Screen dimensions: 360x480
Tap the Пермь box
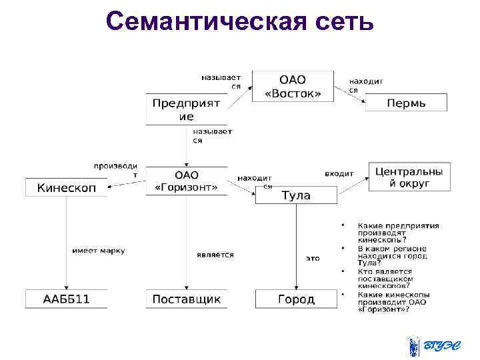point(406,103)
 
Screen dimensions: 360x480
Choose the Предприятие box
point(186,109)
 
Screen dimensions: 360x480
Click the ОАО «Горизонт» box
point(186,181)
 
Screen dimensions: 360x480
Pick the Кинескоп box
point(65,188)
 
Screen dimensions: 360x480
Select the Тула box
point(296,195)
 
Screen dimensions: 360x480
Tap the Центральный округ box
point(409,177)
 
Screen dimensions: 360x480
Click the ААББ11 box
point(65,299)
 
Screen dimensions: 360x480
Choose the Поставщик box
point(186,299)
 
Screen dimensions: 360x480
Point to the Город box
point(296,299)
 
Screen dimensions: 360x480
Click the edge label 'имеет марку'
point(98,251)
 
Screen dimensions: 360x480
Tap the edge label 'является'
point(215,255)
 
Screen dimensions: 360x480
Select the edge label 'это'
point(313,257)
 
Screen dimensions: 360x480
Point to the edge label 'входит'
point(339,173)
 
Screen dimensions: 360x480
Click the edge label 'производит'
point(115,169)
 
